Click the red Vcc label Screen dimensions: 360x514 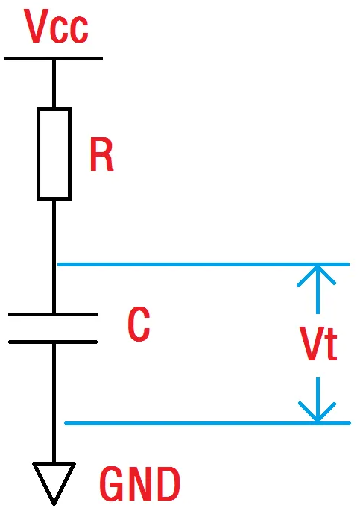[x=57, y=26]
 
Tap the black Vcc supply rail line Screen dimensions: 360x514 [x=54, y=59]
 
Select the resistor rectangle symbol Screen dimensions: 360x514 [x=54, y=154]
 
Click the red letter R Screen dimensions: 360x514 [x=101, y=154]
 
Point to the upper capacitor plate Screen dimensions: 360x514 [x=53, y=314]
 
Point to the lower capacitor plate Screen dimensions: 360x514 [x=53, y=342]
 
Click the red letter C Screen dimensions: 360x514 [x=139, y=325]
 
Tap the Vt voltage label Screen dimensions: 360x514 [x=318, y=344]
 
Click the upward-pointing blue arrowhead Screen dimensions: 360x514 [x=317, y=275]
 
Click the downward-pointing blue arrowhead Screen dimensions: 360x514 [x=317, y=412]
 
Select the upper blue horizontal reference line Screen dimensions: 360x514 [x=203, y=264]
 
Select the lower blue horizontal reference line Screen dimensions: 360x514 [x=208, y=423]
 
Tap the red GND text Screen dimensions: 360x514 [x=140, y=484]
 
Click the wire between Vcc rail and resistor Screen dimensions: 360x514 [x=54, y=84]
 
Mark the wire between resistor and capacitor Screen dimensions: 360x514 [x=54, y=257]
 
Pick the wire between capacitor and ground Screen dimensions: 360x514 [x=54, y=403]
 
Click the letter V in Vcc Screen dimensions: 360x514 [x=36, y=26]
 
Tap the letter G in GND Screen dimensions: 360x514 [x=112, y=484]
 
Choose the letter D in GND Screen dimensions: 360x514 [x=168, y=484]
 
